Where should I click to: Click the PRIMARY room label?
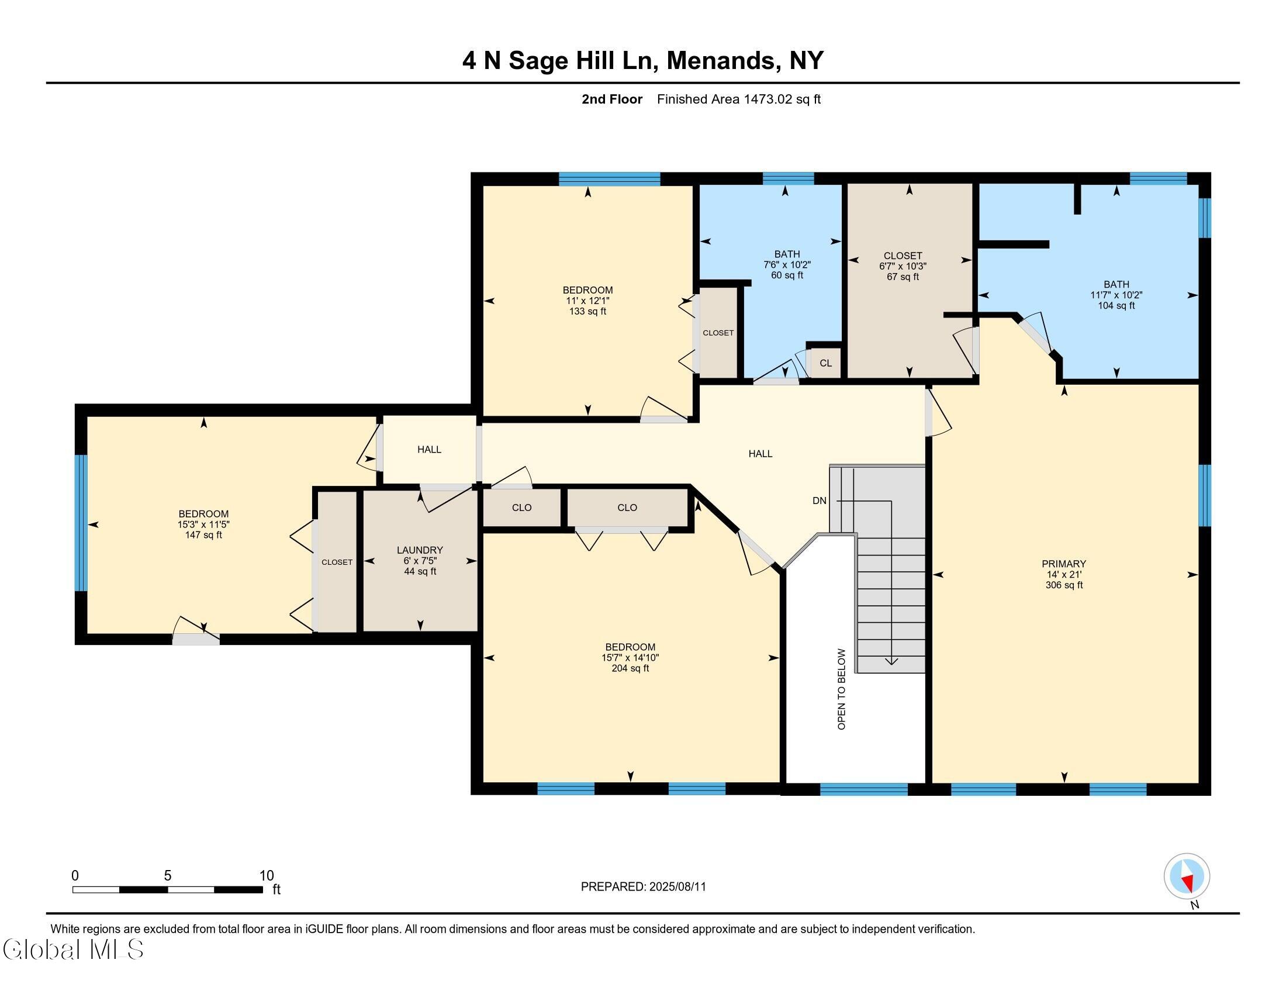1063,564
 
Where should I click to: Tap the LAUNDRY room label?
420,550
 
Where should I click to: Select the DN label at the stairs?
819,501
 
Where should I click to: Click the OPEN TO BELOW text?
841,689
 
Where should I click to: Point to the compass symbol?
1187,876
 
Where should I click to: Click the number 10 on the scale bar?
267,876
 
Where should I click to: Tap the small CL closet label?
825,363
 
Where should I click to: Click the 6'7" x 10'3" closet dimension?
903,266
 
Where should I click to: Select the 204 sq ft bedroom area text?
630,668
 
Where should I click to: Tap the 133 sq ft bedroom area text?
587,312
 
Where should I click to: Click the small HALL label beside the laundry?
429,449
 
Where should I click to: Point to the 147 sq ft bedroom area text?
204,535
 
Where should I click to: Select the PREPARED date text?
643,886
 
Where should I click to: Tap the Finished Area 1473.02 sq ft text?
738,99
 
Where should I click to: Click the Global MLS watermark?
73,948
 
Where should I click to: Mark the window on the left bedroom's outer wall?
81,523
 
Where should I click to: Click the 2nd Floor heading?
612,99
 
